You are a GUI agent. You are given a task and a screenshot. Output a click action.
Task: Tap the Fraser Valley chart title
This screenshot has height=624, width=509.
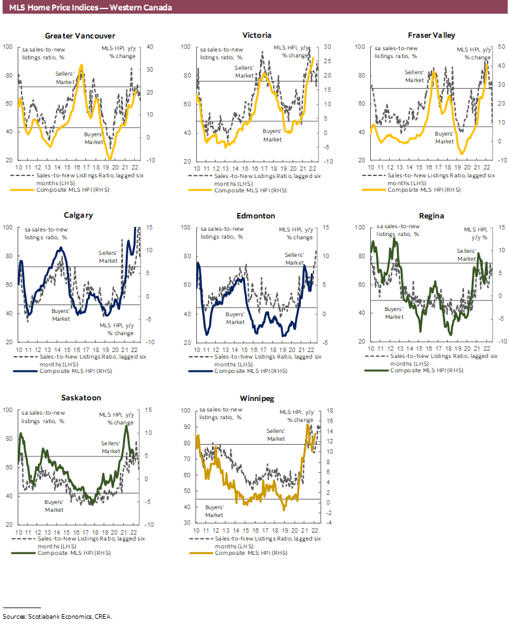[431, 35]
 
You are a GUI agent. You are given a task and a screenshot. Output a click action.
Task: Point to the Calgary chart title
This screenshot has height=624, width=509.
[78, 215]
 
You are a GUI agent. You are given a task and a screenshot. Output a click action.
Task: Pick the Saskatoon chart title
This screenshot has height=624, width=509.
[80, 397]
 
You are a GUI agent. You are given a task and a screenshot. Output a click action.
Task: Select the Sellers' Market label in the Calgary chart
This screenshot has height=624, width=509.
[108, 256]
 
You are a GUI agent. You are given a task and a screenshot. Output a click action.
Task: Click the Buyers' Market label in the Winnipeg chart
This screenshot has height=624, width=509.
[214, 511]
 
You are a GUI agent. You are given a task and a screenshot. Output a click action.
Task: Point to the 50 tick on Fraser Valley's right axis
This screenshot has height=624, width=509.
[484, 47]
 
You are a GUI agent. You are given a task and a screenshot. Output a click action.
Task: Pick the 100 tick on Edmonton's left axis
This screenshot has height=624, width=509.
[186, 228]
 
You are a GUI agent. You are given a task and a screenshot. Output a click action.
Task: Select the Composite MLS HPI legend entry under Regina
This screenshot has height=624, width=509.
[427, 370]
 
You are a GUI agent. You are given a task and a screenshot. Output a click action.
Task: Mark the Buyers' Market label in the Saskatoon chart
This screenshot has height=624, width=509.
[54, 506]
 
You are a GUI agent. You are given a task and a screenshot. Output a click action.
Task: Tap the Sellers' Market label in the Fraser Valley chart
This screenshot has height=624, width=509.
[414, 76]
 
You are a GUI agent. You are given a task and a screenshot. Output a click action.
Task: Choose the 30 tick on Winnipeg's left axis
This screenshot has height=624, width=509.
[186, 523]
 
